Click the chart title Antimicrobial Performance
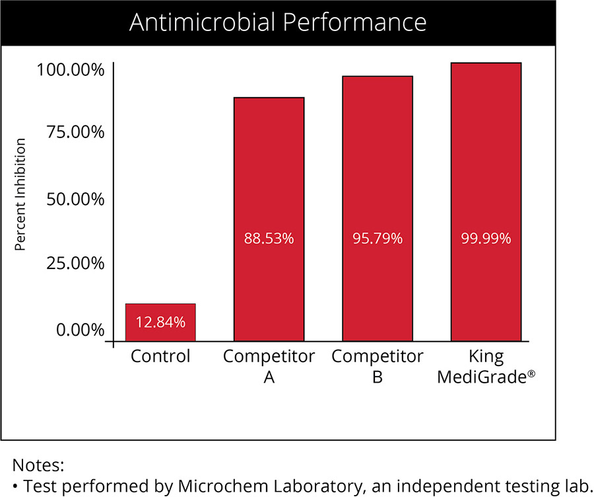point(278,22)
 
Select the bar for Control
point(160,323)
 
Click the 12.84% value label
point(160,323)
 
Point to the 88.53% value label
point(269,239)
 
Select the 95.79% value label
point(377,239)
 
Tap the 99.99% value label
point(486,239)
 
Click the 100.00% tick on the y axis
point(70,69)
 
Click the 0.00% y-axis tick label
point(80,329)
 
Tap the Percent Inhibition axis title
point(20,195)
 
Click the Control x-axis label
point(160,357)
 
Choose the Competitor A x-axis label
point(269,367)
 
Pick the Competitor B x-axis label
point(377,367)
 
